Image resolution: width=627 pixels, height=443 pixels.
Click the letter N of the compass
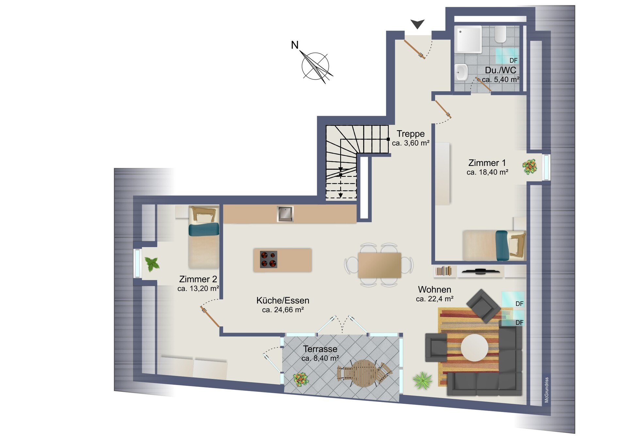pos(295,45)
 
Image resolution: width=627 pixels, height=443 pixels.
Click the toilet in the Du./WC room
pos(500,35)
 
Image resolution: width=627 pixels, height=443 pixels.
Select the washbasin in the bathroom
pos(461,72)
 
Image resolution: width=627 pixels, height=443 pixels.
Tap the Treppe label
pos(410,134)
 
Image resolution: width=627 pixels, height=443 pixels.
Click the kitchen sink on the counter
pos(285,214)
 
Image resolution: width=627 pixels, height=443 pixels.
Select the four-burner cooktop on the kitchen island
pos(268,260)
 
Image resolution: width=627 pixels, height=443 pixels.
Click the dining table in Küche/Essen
pos(379,265)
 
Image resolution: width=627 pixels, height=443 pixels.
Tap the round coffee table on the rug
pos(474,347)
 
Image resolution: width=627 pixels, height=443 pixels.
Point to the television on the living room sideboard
pos(480,271)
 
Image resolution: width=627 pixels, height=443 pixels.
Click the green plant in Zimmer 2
pos(152,264)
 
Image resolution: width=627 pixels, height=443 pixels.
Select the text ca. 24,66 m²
pos(283,310)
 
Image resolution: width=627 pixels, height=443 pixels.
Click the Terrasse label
pos(320,349)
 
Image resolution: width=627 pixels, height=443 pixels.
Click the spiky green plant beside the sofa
pos(422,381)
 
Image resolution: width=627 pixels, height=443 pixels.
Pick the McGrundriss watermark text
pos(547,390)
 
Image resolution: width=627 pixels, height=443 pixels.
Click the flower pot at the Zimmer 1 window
pos(529,166)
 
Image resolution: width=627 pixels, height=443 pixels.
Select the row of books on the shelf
pos(443,271)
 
